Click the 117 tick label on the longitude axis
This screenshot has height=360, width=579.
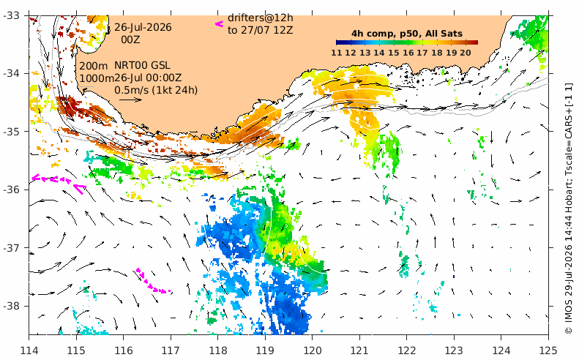pos(171,350)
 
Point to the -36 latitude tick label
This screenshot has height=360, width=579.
pos(12,190)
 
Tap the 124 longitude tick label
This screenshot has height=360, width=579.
pos(501,350)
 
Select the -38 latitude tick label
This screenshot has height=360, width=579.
pos(12,306)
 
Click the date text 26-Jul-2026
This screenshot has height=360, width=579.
pos(143,27)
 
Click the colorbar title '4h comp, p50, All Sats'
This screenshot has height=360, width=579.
pos(407,34)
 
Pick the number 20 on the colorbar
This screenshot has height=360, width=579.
pos(466,53)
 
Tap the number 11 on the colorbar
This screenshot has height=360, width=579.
pos(337,53)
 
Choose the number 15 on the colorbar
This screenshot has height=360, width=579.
pos(394,53)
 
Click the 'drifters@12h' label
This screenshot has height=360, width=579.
pos(261,18)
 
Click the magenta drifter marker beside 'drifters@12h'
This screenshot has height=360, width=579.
pos(219,24)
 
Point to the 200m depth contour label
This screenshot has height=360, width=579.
pos(94,66)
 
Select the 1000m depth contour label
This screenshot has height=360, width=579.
pos(97,78)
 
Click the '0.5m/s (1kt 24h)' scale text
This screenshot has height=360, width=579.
pos(156,90)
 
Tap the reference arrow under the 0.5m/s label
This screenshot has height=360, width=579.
pos(130,100)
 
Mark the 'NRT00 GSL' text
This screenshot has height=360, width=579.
pos(142,65)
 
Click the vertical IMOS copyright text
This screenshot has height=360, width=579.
pos(569,209)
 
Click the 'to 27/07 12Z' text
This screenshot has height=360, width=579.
pos(261,30)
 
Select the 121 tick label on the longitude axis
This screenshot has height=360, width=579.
pos(359,350)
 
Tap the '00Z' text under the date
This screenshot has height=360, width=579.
pos(131,39)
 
